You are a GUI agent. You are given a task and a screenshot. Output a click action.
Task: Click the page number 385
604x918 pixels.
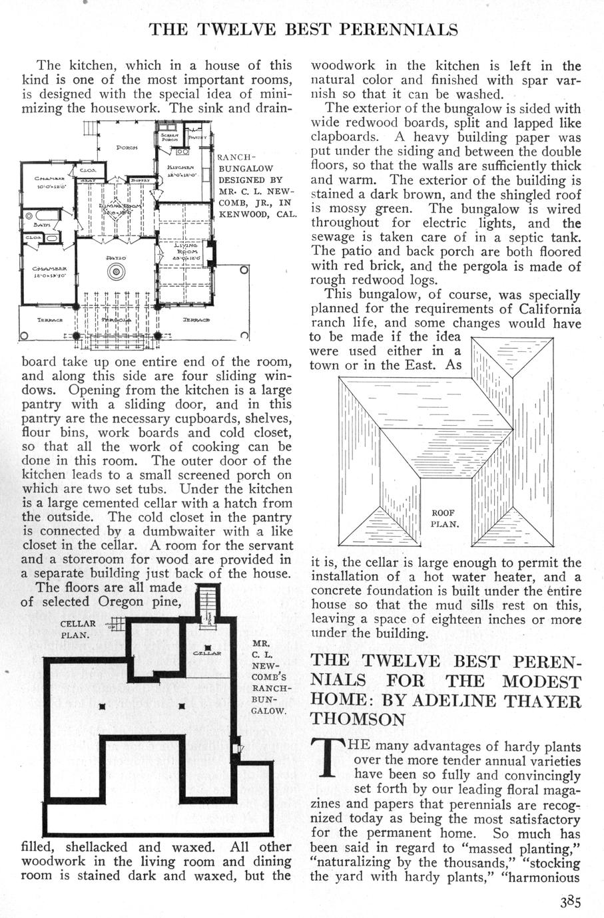pyautogui.click(x=571, y=903)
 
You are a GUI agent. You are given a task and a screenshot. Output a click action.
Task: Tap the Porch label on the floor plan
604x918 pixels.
pyautogui.click(x=127, y=147)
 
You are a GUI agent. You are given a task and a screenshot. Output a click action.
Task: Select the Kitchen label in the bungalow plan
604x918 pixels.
pyautogui.click(x=180, y=168)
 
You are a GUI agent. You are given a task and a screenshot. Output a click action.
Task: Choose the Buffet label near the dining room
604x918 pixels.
pyautogui.click(x=141, y=180)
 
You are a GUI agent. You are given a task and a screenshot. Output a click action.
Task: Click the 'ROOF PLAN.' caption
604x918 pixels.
pyautogui.click(x=444, y=518)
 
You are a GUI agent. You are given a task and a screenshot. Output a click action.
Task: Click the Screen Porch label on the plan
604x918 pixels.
pyautogui.click(x=168, y=137)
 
